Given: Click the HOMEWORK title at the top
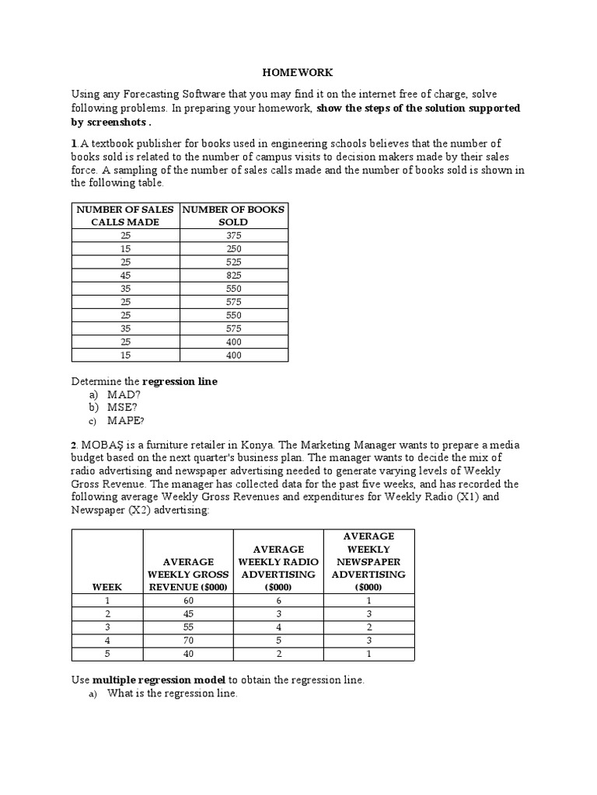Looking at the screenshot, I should [x=298, y=72].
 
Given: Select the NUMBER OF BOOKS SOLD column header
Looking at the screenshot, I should [x=233, y=215].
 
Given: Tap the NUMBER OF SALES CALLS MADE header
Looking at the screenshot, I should [x=125, y=215].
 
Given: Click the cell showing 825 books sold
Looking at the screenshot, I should [x=233, y=275].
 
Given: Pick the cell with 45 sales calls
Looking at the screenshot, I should [x=125, y=275].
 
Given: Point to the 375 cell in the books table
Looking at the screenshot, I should [x=233, y=235].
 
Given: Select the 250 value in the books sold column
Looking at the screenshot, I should [x=233, y=248].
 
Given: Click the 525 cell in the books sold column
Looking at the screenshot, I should [x=233, y=262].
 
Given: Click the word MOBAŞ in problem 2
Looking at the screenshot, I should [x=103, y=445].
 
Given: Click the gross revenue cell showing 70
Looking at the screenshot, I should [x=187, y=640].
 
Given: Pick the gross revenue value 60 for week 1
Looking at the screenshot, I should [x=187, y=600].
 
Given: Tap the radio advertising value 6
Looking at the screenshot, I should [x=278, y=600].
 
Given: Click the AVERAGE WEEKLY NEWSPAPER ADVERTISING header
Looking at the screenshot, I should [x=368, y=561].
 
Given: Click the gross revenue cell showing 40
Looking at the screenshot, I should [x=187, y=653].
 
